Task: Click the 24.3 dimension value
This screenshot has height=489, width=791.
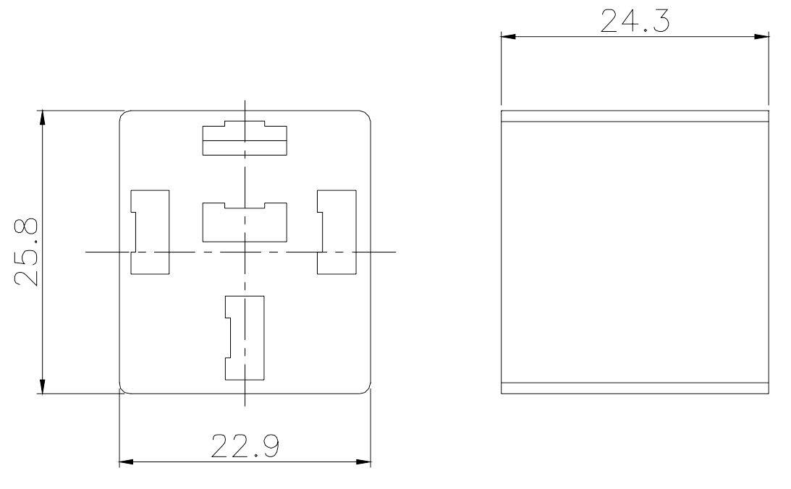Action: point(635,22)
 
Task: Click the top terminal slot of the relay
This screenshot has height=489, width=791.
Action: point(245,138)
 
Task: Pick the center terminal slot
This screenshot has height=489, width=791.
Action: point(245,223)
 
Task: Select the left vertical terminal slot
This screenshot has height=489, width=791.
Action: point(150,232)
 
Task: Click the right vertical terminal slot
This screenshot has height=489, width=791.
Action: point(337,232)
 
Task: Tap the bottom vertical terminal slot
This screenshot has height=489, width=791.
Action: point(245,338)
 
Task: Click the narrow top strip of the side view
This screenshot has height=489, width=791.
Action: point(635,116)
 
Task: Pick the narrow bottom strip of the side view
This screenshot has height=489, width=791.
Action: point(635,388)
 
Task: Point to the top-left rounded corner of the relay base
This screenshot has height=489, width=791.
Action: point(123,115)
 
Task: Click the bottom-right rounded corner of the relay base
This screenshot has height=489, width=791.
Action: point(367,390)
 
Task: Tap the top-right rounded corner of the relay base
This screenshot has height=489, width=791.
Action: point(367,115)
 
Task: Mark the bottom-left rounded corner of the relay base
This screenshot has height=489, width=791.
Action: point(123,390)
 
